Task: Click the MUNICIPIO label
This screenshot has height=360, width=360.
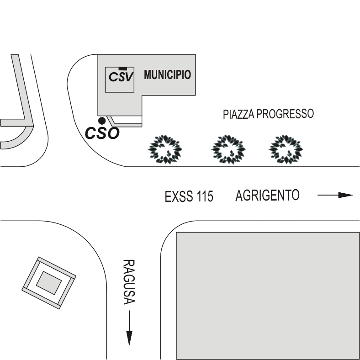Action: [x=167, y=75]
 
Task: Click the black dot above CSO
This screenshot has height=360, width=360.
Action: [x=102, y=121]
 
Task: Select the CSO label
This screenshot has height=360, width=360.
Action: [x=103, y=133]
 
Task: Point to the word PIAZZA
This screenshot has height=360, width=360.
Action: [x=238, y=114]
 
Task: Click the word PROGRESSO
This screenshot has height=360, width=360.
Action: [x=285, y=113]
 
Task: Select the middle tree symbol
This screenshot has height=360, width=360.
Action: [x=228, y=149]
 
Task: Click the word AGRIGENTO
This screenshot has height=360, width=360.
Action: [x=268, y=196]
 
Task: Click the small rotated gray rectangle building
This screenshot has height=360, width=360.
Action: [x=48, y=282]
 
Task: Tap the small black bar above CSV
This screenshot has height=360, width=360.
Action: [x=122, y=69]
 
